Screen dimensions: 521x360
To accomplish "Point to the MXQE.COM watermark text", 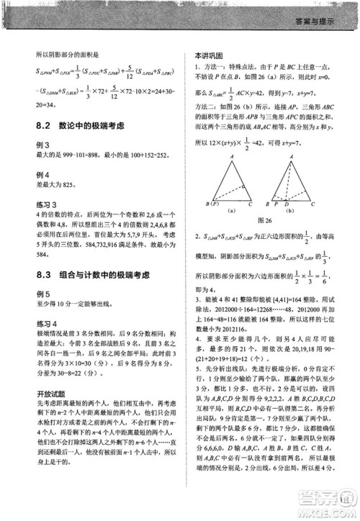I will tap(336, 512).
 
